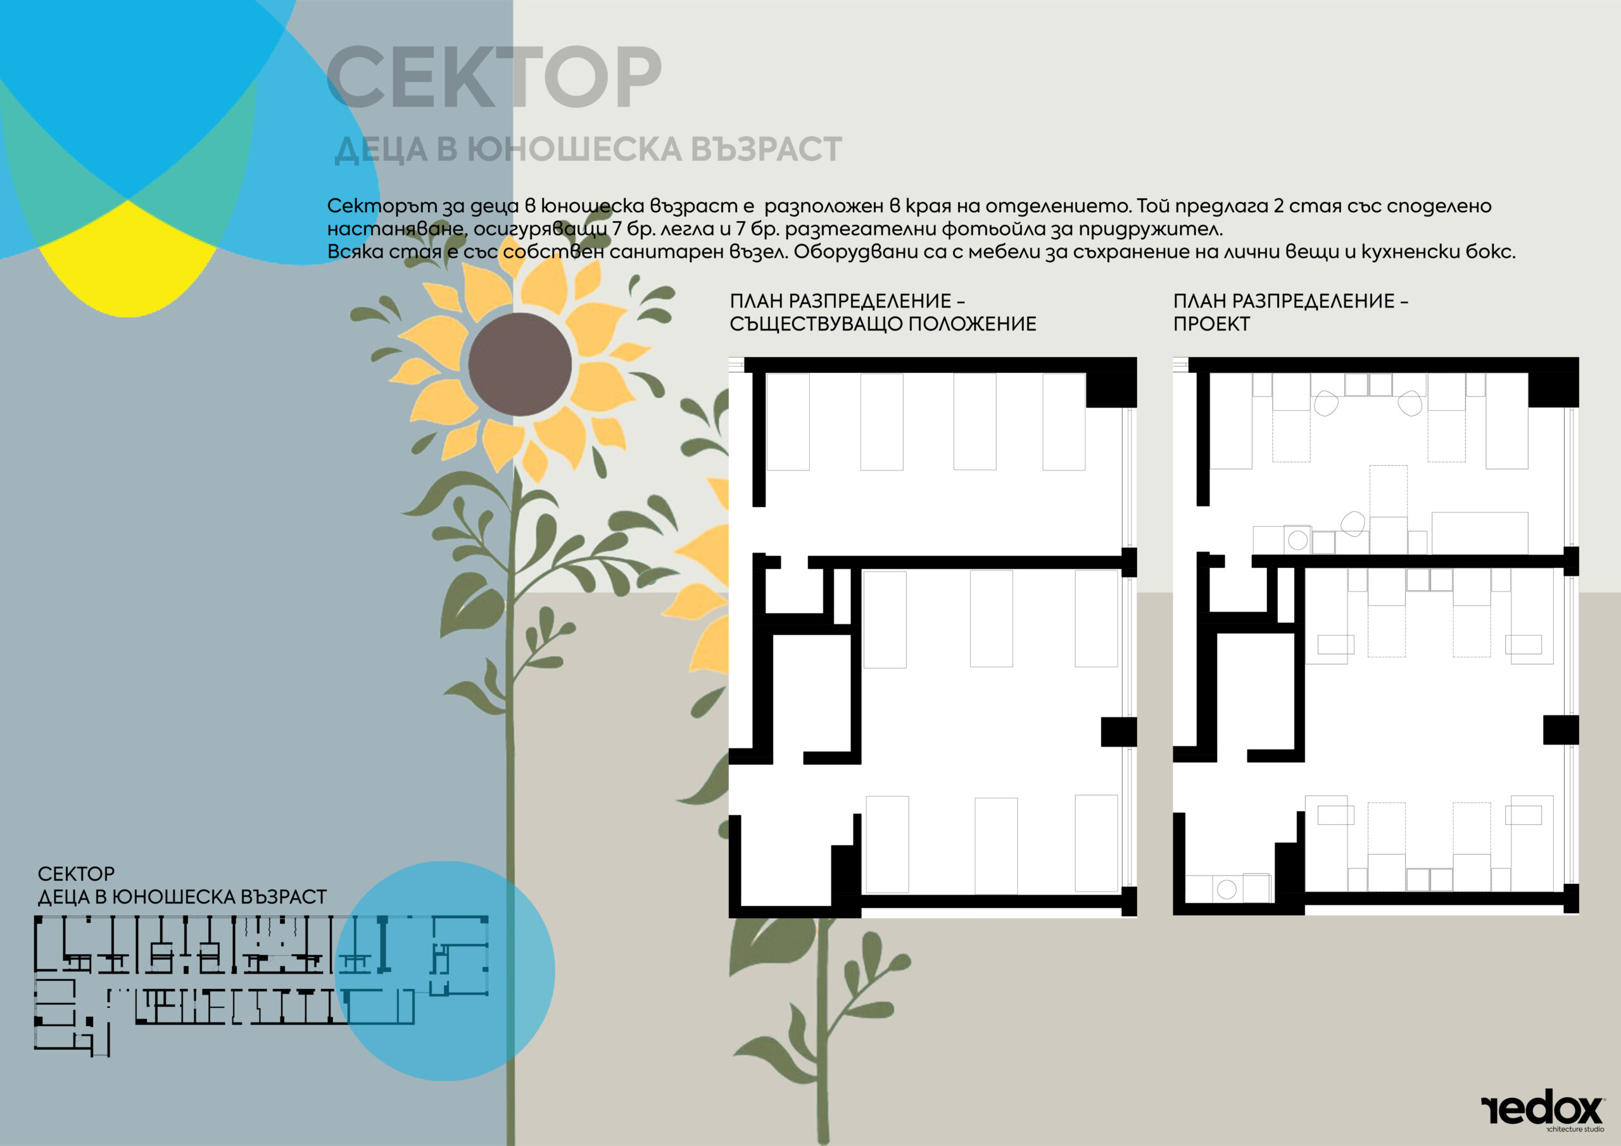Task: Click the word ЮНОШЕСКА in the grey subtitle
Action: point(575,149)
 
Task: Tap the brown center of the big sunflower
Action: point(520,364)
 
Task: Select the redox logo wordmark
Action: point(1542,1111)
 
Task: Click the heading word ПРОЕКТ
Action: point(1211,324)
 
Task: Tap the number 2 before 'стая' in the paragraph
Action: point(1279,206)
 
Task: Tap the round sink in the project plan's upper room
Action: point(1297,540)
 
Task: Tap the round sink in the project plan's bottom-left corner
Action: point(1227,889)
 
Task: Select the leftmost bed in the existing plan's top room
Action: point(788,422)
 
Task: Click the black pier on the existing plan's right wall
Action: point(1118,732)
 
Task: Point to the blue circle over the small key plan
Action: point(445,971)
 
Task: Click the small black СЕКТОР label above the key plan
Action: point(76,874)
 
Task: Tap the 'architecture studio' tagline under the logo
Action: point(1574,1130)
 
